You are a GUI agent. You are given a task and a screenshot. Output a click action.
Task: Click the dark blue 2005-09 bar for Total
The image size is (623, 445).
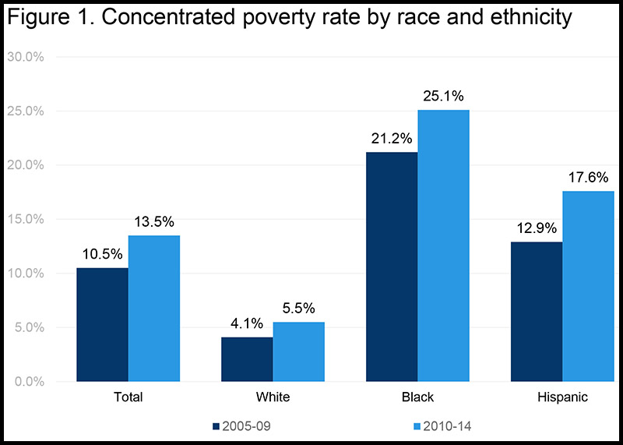click(x=102, y=324)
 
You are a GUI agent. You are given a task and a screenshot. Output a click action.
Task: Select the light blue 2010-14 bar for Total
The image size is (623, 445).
click(x=154, y=309)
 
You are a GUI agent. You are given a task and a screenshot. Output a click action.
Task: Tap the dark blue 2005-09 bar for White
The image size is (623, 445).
click(x=247, y=359)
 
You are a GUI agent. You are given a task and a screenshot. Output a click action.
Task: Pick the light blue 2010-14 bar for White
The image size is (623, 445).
click(x=299, y=351)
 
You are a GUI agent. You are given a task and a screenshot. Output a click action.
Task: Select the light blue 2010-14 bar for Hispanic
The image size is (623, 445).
click(x=589, y=286)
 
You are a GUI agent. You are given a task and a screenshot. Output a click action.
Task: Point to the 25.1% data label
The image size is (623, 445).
click(x=444, y=97)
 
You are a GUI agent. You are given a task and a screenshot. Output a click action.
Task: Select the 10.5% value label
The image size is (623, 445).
click(x=102, y=254)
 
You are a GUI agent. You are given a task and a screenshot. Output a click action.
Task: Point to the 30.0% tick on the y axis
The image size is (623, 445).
click(x=26, y=57)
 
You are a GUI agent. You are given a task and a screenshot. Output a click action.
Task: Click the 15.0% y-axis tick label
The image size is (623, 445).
click(x=26, y=219)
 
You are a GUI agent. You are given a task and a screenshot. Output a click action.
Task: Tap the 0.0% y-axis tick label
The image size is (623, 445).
click(x=30, y=382)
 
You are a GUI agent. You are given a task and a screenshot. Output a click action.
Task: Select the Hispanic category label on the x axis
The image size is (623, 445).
click(x=562, y=397)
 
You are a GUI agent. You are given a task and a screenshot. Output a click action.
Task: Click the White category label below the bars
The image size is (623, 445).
click(x=273, y=397)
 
